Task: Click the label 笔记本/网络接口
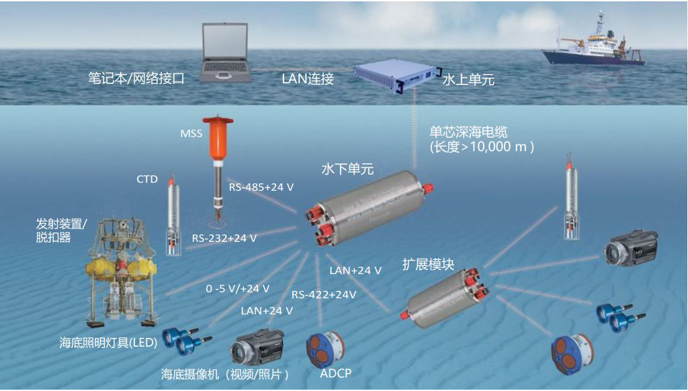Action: point(136,78)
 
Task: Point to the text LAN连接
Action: point(307,79)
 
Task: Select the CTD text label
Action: point(146,179)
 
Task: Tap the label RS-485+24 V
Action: point(261,187)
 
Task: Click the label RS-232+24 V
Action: point(224,238)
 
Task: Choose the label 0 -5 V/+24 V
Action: point(238,288)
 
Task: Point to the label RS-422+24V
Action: point(324,294)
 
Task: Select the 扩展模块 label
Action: point(428,265)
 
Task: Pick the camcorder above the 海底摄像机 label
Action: point(258,347)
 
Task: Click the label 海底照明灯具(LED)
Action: point(108,343)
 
